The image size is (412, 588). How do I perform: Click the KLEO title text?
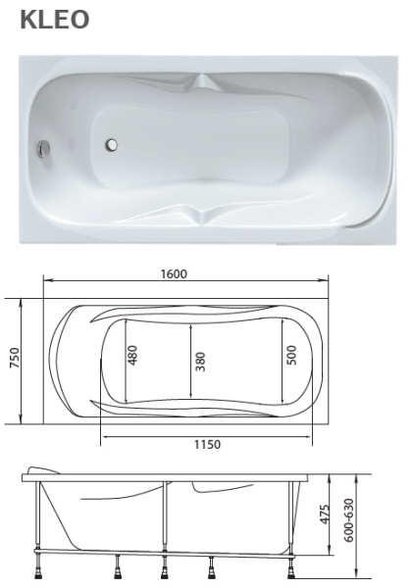click(x=57, y=21)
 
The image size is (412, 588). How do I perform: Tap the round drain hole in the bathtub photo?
click(x=111, y=146)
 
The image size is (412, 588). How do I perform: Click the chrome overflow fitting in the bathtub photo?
click(x=42, y=150)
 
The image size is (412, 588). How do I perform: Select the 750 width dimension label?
click(x=14, y=359)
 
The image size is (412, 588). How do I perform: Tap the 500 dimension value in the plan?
click(x=291, y=355)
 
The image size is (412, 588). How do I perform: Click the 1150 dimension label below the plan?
click(x=206, y=443)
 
